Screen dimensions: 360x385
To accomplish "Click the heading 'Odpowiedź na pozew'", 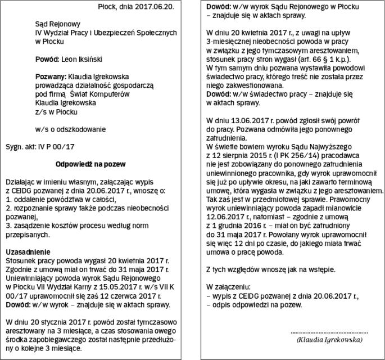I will click(90, 164).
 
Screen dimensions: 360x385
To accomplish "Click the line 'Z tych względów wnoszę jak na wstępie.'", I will click(262, 269).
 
